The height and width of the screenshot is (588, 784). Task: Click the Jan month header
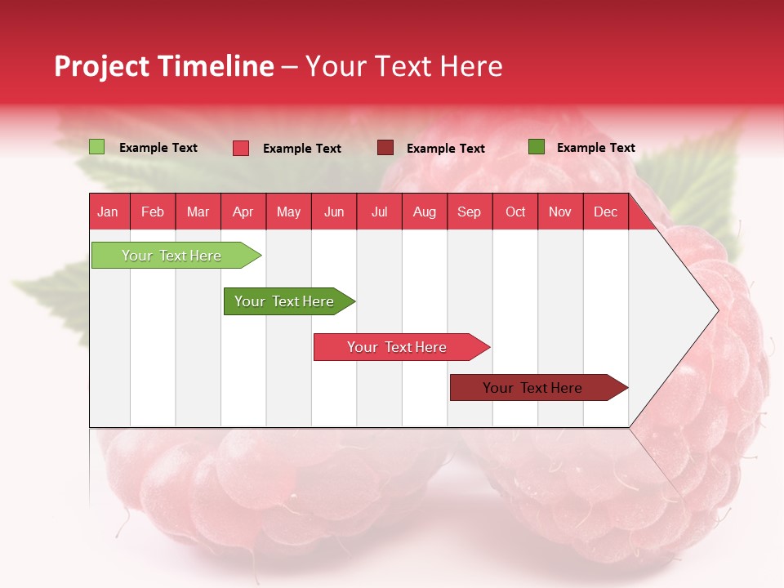[108, 212]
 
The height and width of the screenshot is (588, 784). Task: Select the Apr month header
[243, 212]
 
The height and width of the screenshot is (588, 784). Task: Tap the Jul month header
[379, 212]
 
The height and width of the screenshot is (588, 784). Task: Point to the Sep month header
[469, 212]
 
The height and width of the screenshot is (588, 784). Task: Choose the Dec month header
[605, 212]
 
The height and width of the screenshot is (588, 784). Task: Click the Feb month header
[153, 212]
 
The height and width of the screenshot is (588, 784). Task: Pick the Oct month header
[515, 212]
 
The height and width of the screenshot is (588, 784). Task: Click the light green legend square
[97, 147]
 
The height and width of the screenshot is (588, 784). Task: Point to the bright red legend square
[241, 148]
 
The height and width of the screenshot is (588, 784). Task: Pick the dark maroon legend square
[385, 148]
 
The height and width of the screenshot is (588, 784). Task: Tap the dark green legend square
[537, 147]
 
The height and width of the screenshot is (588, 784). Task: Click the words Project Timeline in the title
[163, 66]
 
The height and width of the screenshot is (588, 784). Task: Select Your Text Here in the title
[403, 66]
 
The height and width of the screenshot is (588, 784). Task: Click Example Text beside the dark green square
[595, 148]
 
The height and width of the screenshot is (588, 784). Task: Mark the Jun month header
[334, 212]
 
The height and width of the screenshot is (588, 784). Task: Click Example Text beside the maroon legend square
[445, 149]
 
